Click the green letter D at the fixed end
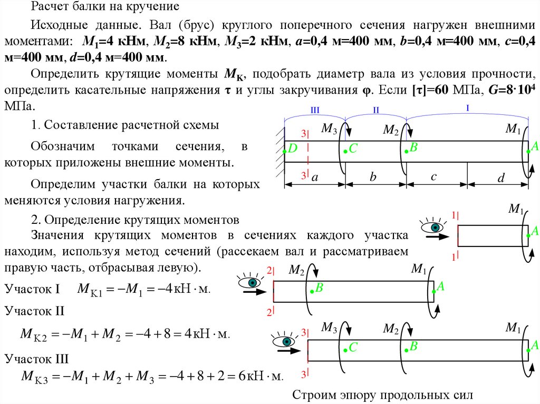click(x=293, y=150)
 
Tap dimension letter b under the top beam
click(x=373, y=178)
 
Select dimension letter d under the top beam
click(x=502, y=179)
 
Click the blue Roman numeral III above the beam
click(x=315, y=110)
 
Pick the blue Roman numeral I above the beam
click(x=467, y=107)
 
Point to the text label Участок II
click(x=34, y=311)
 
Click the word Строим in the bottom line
click(x=312, y=395)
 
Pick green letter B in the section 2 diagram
click(x=319, y=288)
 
